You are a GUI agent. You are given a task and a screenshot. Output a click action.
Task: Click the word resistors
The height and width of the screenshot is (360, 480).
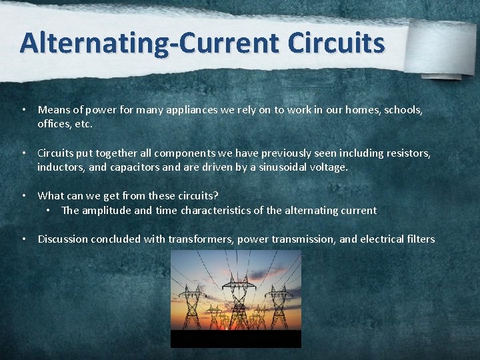[x=408, y=153]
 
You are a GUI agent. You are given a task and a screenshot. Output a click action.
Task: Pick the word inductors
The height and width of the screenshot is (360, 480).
[x=61, y=167]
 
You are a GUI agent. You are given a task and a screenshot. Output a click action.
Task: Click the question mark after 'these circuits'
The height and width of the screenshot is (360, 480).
[x=216, y=195]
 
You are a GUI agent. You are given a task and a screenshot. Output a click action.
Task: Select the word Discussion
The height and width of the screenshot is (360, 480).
[x=63, y=239]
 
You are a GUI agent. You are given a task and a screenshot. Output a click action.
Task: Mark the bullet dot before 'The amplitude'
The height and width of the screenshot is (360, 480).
[x=49, y=210]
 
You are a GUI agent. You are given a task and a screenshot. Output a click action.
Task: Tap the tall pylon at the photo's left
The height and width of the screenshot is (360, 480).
[x=191, y=307]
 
